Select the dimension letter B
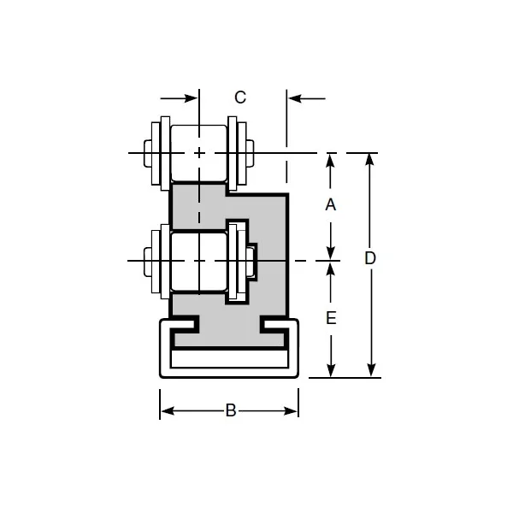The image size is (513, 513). pyautogui.click(x=230, y=411)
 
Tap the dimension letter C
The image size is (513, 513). pyautogui.click(x=240, y=97)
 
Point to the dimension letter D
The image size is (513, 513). pyautogui.click(x=369, y=258)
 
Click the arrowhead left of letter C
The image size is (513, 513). pyautogui.click(x=192, y=98)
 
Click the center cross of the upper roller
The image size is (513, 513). pyautogui.click(x=199, y=153)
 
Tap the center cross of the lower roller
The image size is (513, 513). pyautogui.click(x=199, y=260)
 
